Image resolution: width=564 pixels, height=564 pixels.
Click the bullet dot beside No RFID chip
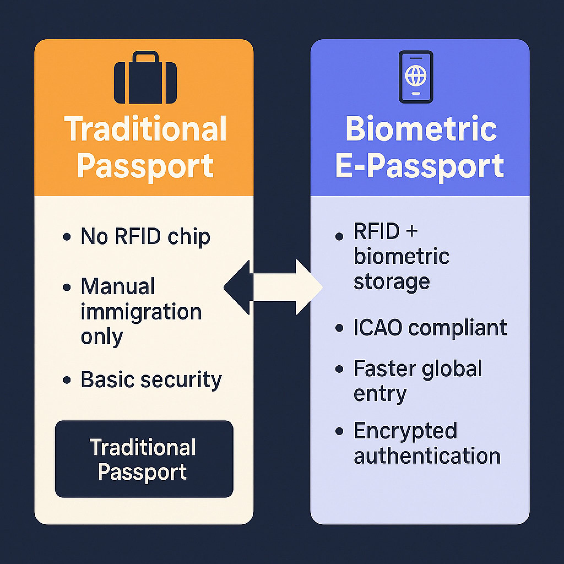[67, 237]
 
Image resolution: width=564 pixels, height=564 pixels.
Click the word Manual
[118, 286]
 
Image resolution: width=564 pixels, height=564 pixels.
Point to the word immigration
[141, 312]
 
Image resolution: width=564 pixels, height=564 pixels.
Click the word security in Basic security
[181, 380]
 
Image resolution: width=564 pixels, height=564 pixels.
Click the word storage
[392, 282]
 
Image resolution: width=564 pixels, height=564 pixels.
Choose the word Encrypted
[405, 431]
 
